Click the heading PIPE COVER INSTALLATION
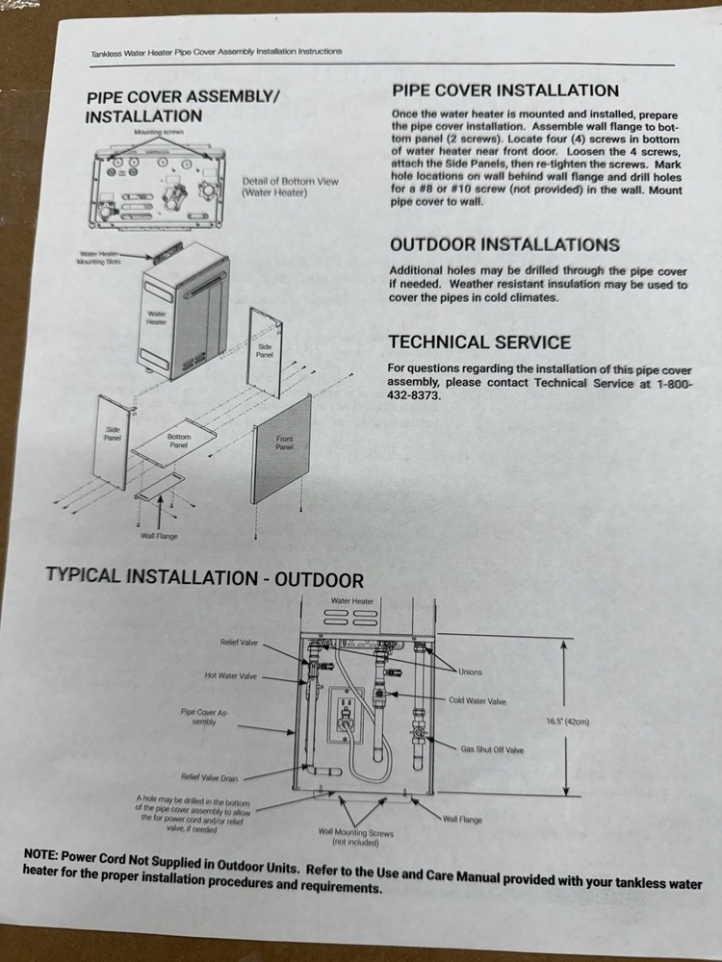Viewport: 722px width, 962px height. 504,91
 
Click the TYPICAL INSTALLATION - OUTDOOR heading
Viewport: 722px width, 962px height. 204,578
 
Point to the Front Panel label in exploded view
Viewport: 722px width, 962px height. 284,443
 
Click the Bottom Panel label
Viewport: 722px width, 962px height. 179,441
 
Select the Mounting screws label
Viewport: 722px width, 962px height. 159,131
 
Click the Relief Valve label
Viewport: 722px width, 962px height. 238,641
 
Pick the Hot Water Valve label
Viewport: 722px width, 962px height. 231,675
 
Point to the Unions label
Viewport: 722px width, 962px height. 471,672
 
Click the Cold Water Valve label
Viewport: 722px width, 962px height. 477,701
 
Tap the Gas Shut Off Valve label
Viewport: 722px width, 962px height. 492,749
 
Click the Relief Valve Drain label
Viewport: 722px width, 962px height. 209,777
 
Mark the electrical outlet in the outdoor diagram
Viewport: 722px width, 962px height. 343,715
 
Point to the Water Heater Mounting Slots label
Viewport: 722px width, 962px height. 98,259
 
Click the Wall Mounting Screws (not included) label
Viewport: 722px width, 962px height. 356,837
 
